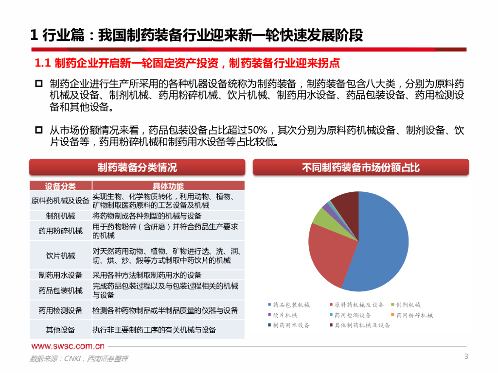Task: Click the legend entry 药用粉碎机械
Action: pyautogui.click(x=414, y=315)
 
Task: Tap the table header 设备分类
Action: pyautogui.click(x=60, y=186)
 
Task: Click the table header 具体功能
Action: pyautogui.click(x=168, y=186)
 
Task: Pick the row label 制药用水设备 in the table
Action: pyautogui.click(x=60, y=275)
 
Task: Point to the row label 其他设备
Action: pyautogui.click(x=60, y=330)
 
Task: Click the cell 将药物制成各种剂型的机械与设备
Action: pyautogui.click(x=147, y=216)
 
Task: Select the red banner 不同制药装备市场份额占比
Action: pyautogui.click(x=361, y=168)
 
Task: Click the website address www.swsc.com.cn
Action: pyautogui.click(x=68, y=346)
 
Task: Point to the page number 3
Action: pyautogui.click(x=466, y=357)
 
